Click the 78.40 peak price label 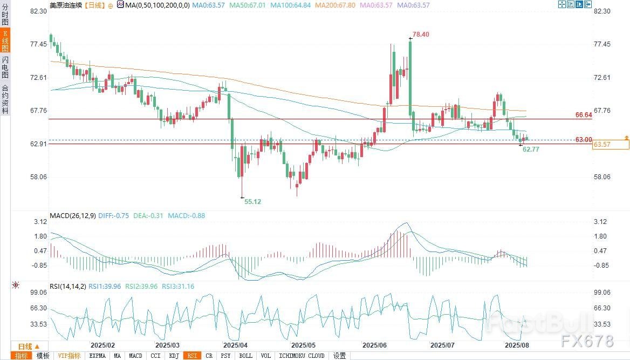(421, 35)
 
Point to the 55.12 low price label (252, 201)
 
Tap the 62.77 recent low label (531, 149)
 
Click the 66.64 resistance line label (584, 115)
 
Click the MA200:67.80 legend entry (335, 5)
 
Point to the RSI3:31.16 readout (178, 287)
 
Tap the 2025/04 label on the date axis (235, 344)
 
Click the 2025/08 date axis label (517, 344)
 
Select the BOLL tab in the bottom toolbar (245, 356)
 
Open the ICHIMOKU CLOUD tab (302, 356)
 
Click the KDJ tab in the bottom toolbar (174, 356)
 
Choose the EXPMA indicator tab (97, 356)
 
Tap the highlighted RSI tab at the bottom (191, 356)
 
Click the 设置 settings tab (339, 356)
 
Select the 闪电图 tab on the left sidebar (5, 67)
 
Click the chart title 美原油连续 (66, 5)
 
